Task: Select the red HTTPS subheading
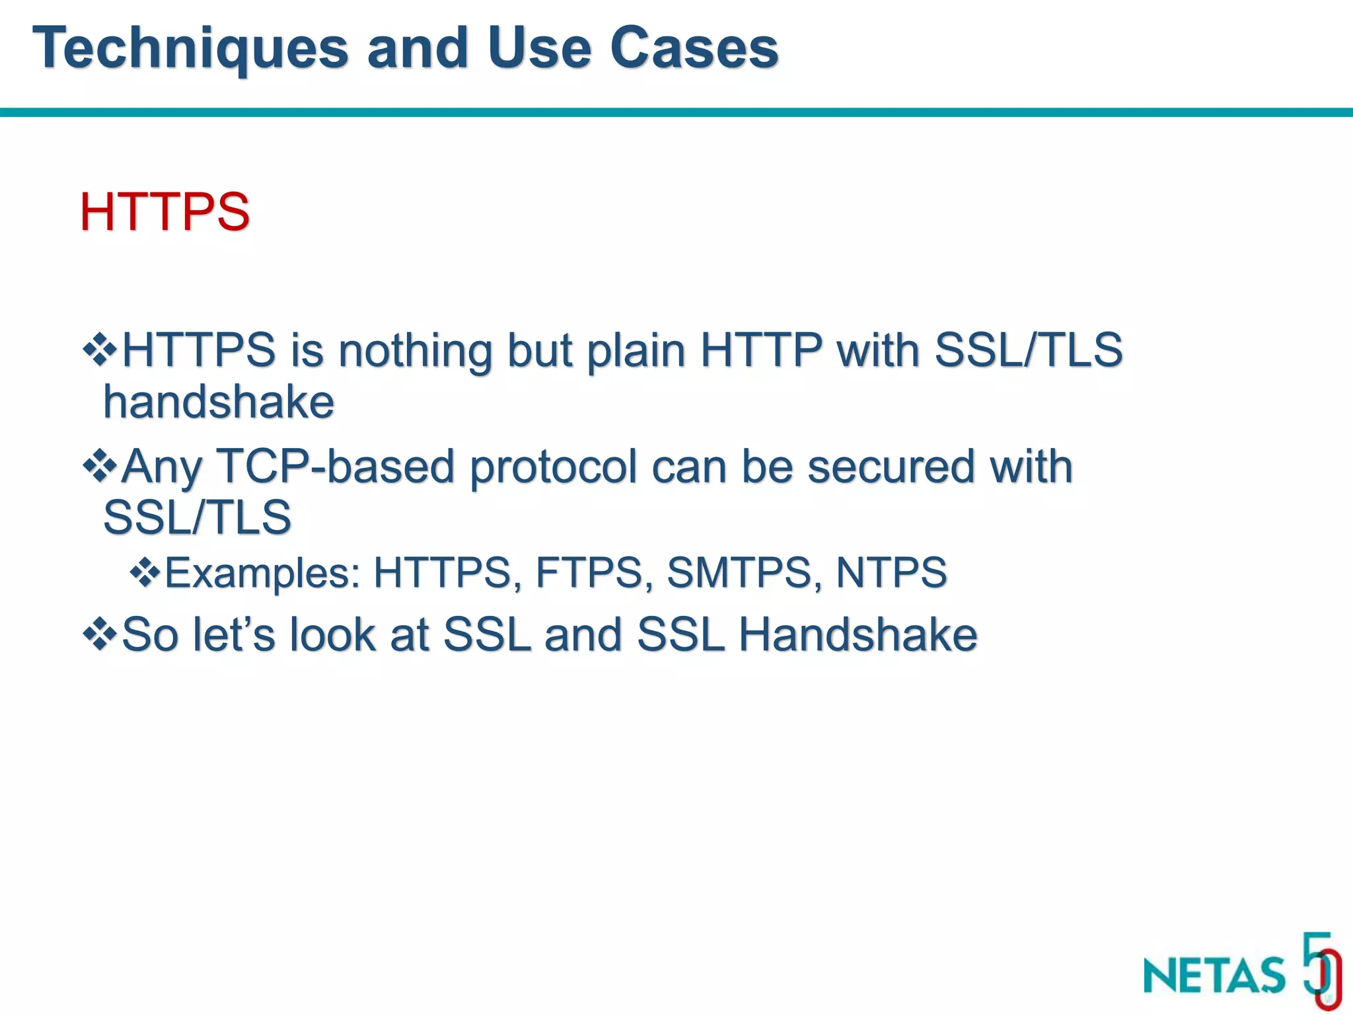[165, 212]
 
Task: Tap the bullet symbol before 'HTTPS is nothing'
[100, 350]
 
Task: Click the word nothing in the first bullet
[415, 351]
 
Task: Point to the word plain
[636, 351]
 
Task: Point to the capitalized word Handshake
[857, 634]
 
